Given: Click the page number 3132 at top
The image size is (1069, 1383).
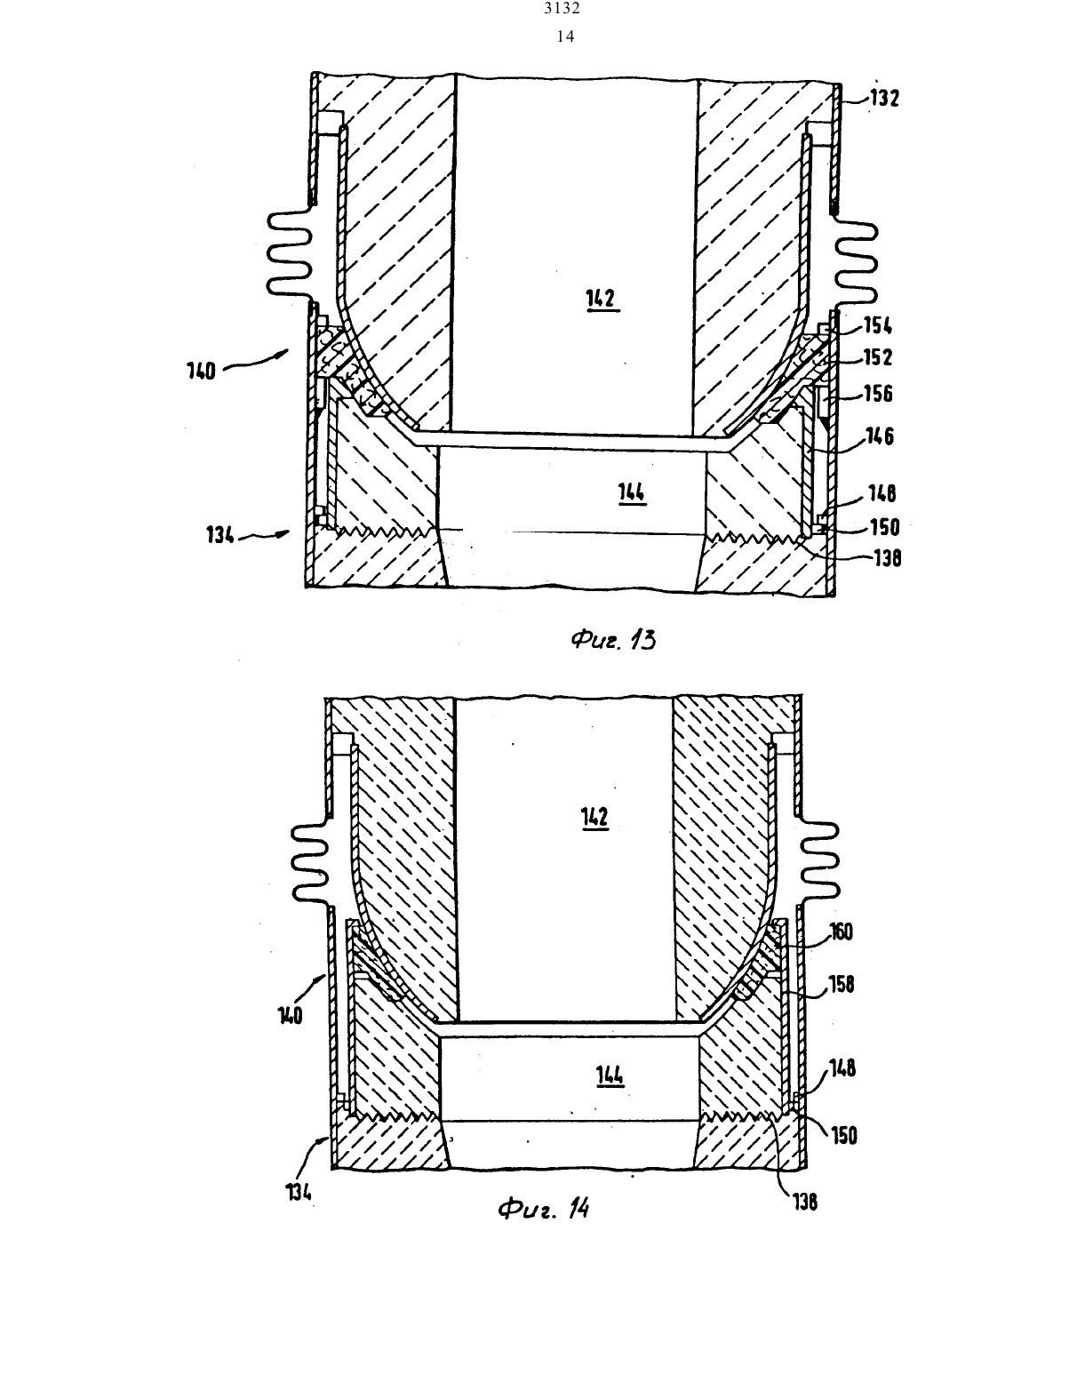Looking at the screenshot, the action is tap(562, 8).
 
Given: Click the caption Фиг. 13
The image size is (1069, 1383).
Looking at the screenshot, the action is tap(613, 638).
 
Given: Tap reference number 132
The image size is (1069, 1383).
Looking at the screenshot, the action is tap(884, 98).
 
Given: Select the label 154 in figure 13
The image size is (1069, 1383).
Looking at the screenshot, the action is tap(878, 326).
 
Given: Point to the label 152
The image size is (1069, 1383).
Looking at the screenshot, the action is tap(878, 357).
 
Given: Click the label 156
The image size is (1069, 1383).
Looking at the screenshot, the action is tap(878, 394).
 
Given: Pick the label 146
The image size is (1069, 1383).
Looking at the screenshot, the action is tap(880, 436).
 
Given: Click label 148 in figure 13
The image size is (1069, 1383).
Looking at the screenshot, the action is tap(882, 493).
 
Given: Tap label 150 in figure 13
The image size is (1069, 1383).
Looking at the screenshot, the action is tap(884, 527).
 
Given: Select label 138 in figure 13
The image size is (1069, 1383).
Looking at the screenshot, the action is tap(887, 558).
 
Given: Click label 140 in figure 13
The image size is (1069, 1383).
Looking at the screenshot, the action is tap(202, 371).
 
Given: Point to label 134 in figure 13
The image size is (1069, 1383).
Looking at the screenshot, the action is tap(220, 534).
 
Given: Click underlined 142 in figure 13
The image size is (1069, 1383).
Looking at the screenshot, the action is tap(602, 299).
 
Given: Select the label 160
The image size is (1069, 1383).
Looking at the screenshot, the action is tap(842, 931).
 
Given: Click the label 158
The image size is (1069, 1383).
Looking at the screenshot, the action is tap(842, 985).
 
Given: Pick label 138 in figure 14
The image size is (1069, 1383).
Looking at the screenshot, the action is tap(805, 1202).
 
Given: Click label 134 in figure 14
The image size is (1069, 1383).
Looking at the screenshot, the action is tap(299, 1192).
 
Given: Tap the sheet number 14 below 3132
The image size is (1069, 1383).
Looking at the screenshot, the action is tap(566, 36).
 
